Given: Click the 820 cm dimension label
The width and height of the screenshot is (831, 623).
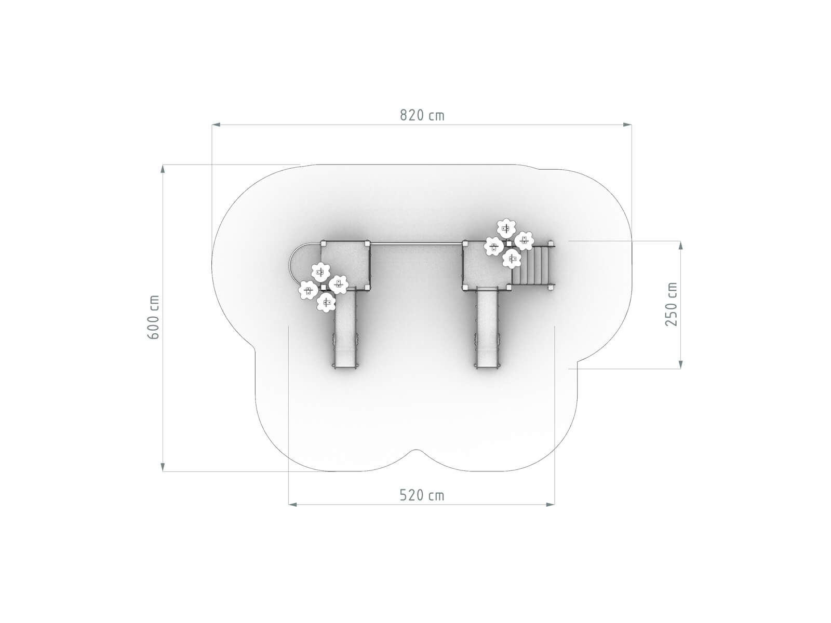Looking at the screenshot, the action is click(x=422, y=115).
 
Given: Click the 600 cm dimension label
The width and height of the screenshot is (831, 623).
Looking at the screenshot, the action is click(x=153, y=317).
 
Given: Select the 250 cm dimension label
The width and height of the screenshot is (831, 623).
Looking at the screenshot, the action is click(x=671, y=304).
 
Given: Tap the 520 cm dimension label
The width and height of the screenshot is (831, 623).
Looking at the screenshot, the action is click(x=422, y=495).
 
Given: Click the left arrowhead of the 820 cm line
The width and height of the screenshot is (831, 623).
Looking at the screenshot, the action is click(x=216, y=125).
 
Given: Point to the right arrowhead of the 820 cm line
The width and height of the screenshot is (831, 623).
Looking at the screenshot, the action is click(x=627, y=125).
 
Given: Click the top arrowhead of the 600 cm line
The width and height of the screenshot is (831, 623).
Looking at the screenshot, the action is click(x=163, y=169).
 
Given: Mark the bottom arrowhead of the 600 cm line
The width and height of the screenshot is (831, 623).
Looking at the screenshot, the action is click(x=163, y=466).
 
